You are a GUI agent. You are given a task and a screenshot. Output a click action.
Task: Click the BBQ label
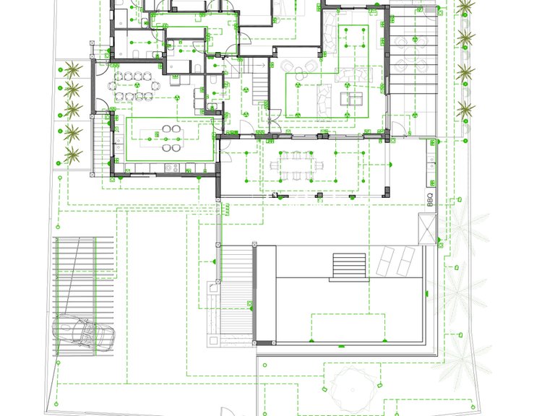click(x=430, y=199)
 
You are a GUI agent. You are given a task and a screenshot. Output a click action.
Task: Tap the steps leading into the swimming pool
click(x=349, y=265)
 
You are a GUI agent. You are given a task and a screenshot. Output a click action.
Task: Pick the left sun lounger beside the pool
click(x=384, y=261)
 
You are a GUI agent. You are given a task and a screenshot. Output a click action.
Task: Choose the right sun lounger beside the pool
click(x=405, y=261)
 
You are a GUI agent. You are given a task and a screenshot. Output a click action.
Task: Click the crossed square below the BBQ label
click(x=427, y=228)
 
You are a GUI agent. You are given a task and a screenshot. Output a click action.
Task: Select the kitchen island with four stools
click(x=162, y=139)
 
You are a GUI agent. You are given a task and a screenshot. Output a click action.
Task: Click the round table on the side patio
click(x=410, y=53)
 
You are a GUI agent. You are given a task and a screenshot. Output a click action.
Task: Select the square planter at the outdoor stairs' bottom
click(x=213, y=341)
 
